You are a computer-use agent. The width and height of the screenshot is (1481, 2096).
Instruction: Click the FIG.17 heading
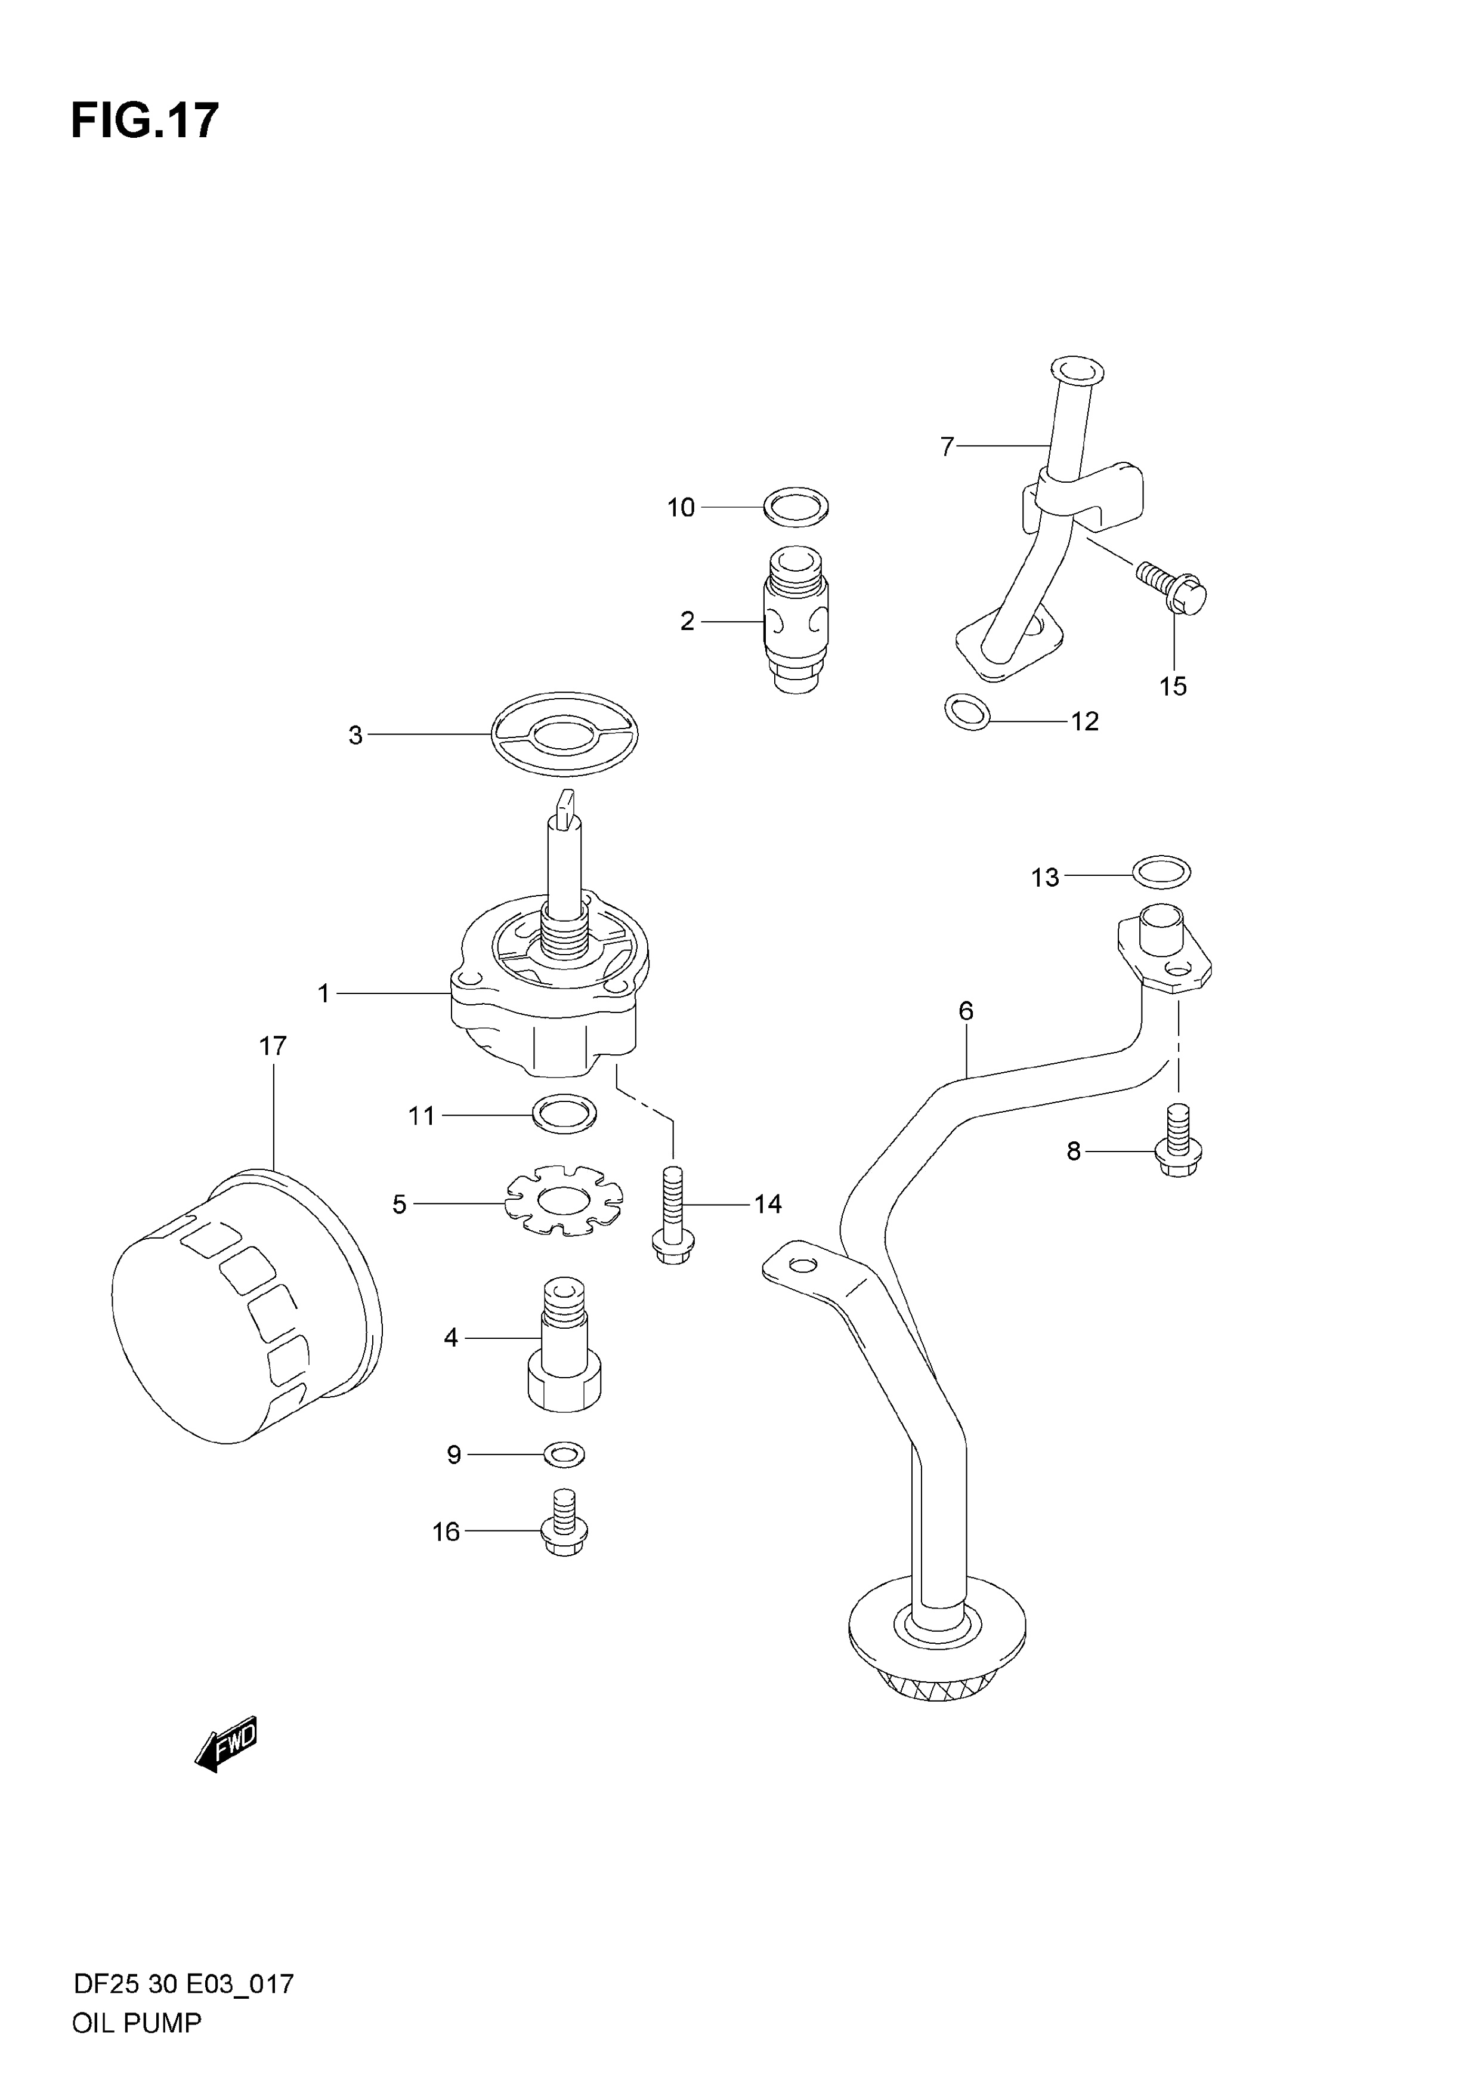pos(145,121)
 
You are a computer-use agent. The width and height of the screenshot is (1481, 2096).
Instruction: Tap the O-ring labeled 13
pos(1161,871)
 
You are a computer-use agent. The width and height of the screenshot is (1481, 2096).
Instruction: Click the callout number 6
pos(966,1011)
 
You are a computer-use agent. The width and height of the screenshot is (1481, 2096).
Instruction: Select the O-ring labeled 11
pos(564,1114)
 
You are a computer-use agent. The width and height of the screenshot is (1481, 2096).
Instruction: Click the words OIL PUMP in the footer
pos(136,2023)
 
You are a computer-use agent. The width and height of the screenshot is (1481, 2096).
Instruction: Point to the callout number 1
pos(323,993)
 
